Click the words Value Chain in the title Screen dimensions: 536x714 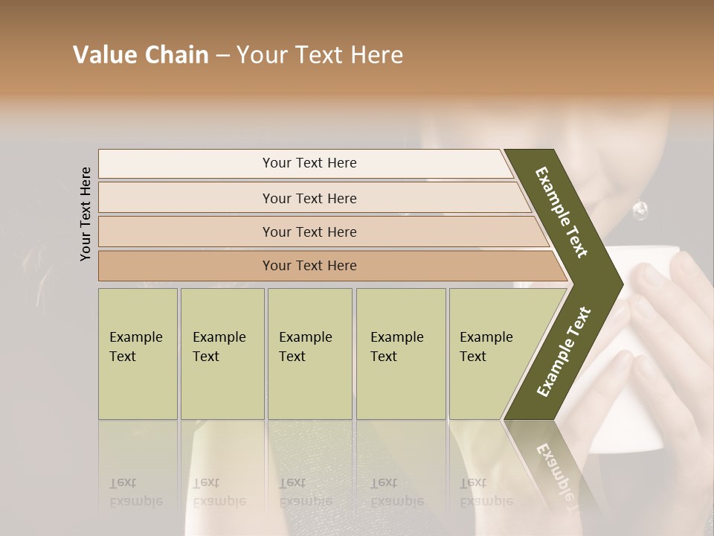point(141,55)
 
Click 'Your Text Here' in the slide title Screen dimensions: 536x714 point(320,55)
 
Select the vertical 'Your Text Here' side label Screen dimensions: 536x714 point(86,214)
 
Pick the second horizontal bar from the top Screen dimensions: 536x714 point(309,198)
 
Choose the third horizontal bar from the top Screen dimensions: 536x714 point(309,232)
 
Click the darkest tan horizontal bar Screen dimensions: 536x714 point(309,266)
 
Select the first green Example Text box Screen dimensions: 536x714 point(138,353)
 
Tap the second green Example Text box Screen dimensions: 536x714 point(222,353)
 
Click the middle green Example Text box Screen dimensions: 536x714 point(309,353)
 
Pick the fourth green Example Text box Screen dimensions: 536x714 point(401,353)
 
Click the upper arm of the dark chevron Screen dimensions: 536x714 point(562,212)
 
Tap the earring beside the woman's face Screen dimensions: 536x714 point(640,211)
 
